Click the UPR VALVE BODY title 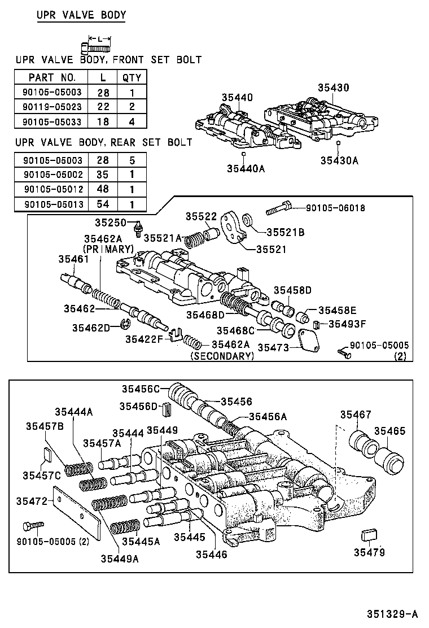click(x=81, y=15)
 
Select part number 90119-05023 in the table click(x=51, y=107)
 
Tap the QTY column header click(x=132, y=77)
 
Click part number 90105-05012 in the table click(x=51, y=190)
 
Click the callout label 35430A click(x=339, y=160)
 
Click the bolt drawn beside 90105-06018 click(x=279, y=209)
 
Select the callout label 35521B click(x=285, y=231)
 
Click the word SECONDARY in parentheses click(x=222, y=356)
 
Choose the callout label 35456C click(x=141, y=389)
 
